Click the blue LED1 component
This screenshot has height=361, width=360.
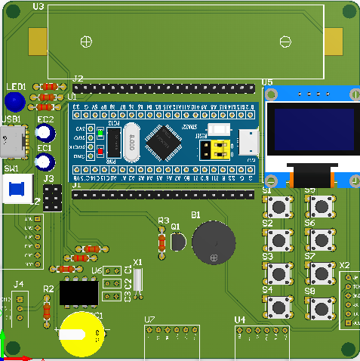[x=14, y=101]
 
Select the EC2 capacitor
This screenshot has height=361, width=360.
[x=45, y=134]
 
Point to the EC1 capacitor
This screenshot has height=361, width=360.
[x=44, y=162]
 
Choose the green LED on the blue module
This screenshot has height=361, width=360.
[x=100, y=134]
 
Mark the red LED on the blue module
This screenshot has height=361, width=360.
[x=100, y=152]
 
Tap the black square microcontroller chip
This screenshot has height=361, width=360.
[x=164, y=142]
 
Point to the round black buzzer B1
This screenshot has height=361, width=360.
[x=214, y=242]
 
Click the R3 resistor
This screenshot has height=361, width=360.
[x=162, y=241]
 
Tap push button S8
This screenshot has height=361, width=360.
[x=320, y=307]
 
